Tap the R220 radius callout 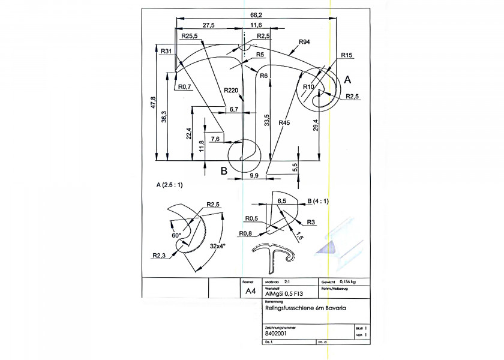(x=231, y=90)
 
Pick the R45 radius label (x=284, y=123)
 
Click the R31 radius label (x=166, y=51)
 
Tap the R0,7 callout (x=184, y=87)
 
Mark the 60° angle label (x=176, y=236)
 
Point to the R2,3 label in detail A (x=158, y=256)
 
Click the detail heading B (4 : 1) (x=319, y=201)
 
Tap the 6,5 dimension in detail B (x=282, y=201)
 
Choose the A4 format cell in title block (x=251, y=291)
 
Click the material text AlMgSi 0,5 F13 (x=284, y=294)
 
